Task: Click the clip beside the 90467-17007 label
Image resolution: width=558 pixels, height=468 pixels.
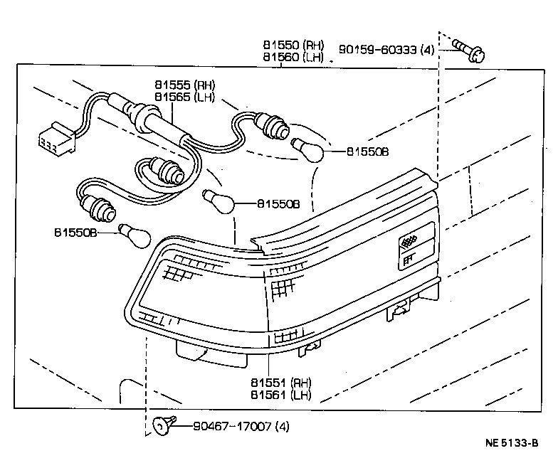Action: click(162, 426)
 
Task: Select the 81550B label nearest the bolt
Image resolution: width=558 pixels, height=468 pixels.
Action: click(368, 151)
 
